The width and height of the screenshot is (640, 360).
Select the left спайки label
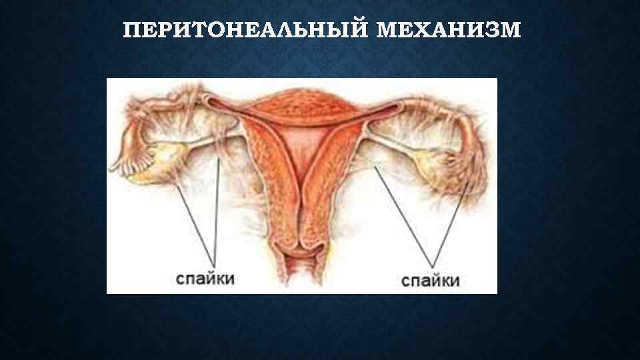tap(205, 277)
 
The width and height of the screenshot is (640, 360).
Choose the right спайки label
tap(431, 280)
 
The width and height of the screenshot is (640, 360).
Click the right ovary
tap(427, 161)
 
